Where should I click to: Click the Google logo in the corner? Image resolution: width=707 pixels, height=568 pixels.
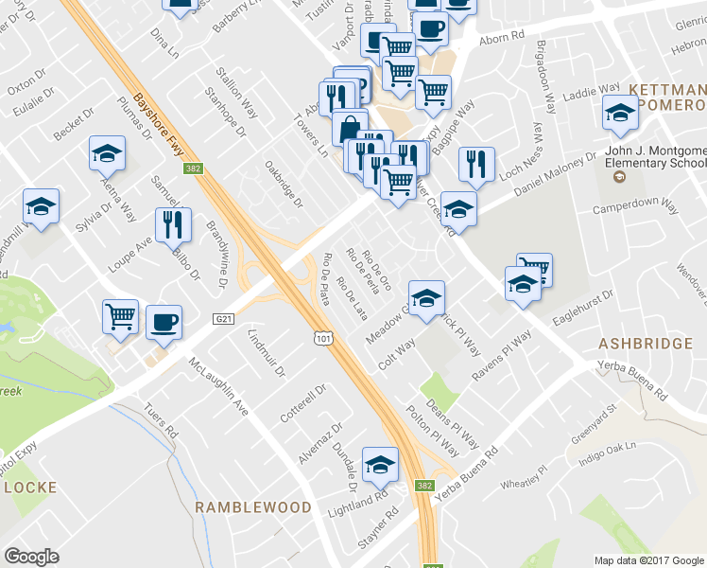32,556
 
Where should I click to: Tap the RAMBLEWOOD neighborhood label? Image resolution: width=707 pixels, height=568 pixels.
252,507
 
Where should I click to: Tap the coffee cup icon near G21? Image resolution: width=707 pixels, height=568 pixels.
164,321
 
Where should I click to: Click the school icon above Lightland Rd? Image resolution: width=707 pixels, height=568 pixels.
380,464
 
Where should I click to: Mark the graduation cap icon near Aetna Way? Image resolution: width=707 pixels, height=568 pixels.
108,152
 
